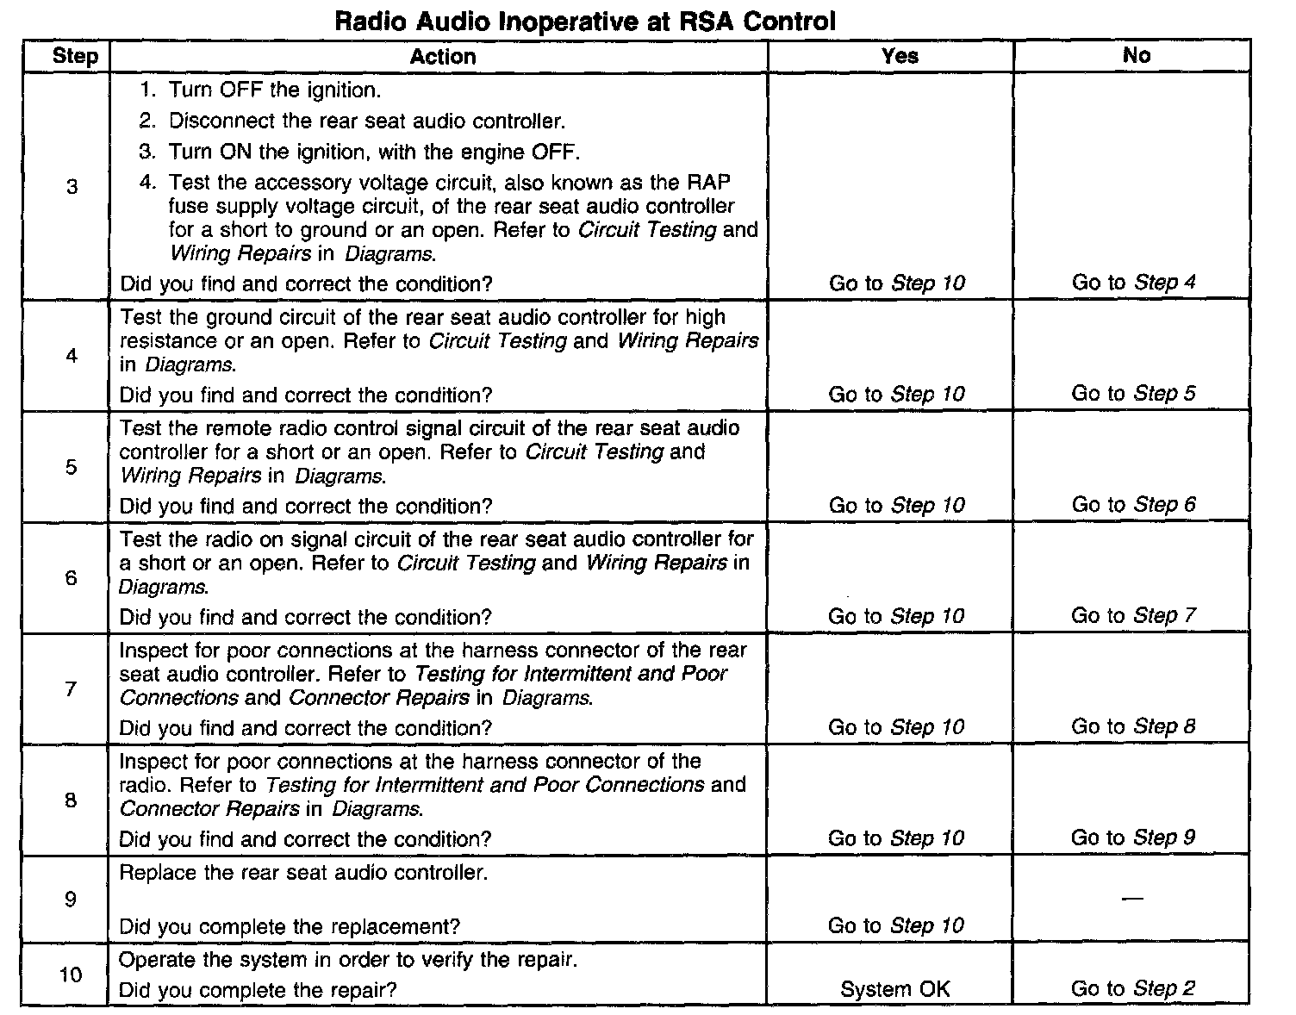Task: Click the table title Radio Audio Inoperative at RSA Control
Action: (x=585, y=21)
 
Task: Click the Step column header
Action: (x=75, y=57)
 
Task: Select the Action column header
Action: (x=442, y=57)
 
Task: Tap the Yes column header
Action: (x=900, y=56)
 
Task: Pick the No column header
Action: (x=1137, y=56)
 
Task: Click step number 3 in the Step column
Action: (x=72, y=187)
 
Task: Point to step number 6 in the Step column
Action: (x=72, y=578)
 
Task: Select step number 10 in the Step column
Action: (x=71, y=975)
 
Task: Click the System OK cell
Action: (x=895, y=989)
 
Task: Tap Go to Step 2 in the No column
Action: (x=1133, y=988)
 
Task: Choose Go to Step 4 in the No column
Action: (x=1134, y=282)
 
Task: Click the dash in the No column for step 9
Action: (x=1133, y=899)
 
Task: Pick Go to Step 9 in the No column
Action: (x=1133, y=838)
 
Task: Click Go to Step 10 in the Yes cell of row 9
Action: (x=896, y=925)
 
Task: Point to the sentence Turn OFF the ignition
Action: (x=274, y=90)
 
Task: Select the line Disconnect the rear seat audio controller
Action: (x=367, y=121)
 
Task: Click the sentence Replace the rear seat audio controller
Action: (x=303, y=872)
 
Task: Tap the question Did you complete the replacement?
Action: (x=290, y=926)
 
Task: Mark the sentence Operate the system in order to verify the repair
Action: (x=347, y=959)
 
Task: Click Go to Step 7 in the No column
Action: (x=1133, y=615)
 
